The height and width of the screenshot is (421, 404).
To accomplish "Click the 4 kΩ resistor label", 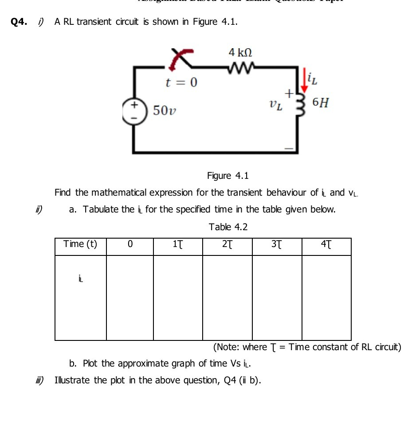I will (x=240, y=53).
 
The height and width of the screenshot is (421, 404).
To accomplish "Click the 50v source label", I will (x=165, y=110).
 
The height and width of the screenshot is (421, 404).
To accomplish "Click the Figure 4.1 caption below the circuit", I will (x=228, y=176).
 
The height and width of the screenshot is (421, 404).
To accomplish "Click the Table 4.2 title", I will (x=228, y=227).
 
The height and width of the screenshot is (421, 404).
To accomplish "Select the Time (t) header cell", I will (x=80, y=244).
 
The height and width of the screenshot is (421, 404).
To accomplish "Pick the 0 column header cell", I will (x=129, y=245).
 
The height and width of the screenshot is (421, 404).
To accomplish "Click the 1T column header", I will (x=177, y=245).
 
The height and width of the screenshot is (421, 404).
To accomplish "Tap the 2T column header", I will (x=227, y=245).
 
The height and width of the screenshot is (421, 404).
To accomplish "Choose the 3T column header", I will (x=277, y=245).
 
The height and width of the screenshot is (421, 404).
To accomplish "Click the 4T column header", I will (x=326, y=245).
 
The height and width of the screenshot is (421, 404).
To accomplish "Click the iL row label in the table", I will (x=80, y=279).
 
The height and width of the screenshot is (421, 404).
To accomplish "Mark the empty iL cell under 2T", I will (x=227, y=297).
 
